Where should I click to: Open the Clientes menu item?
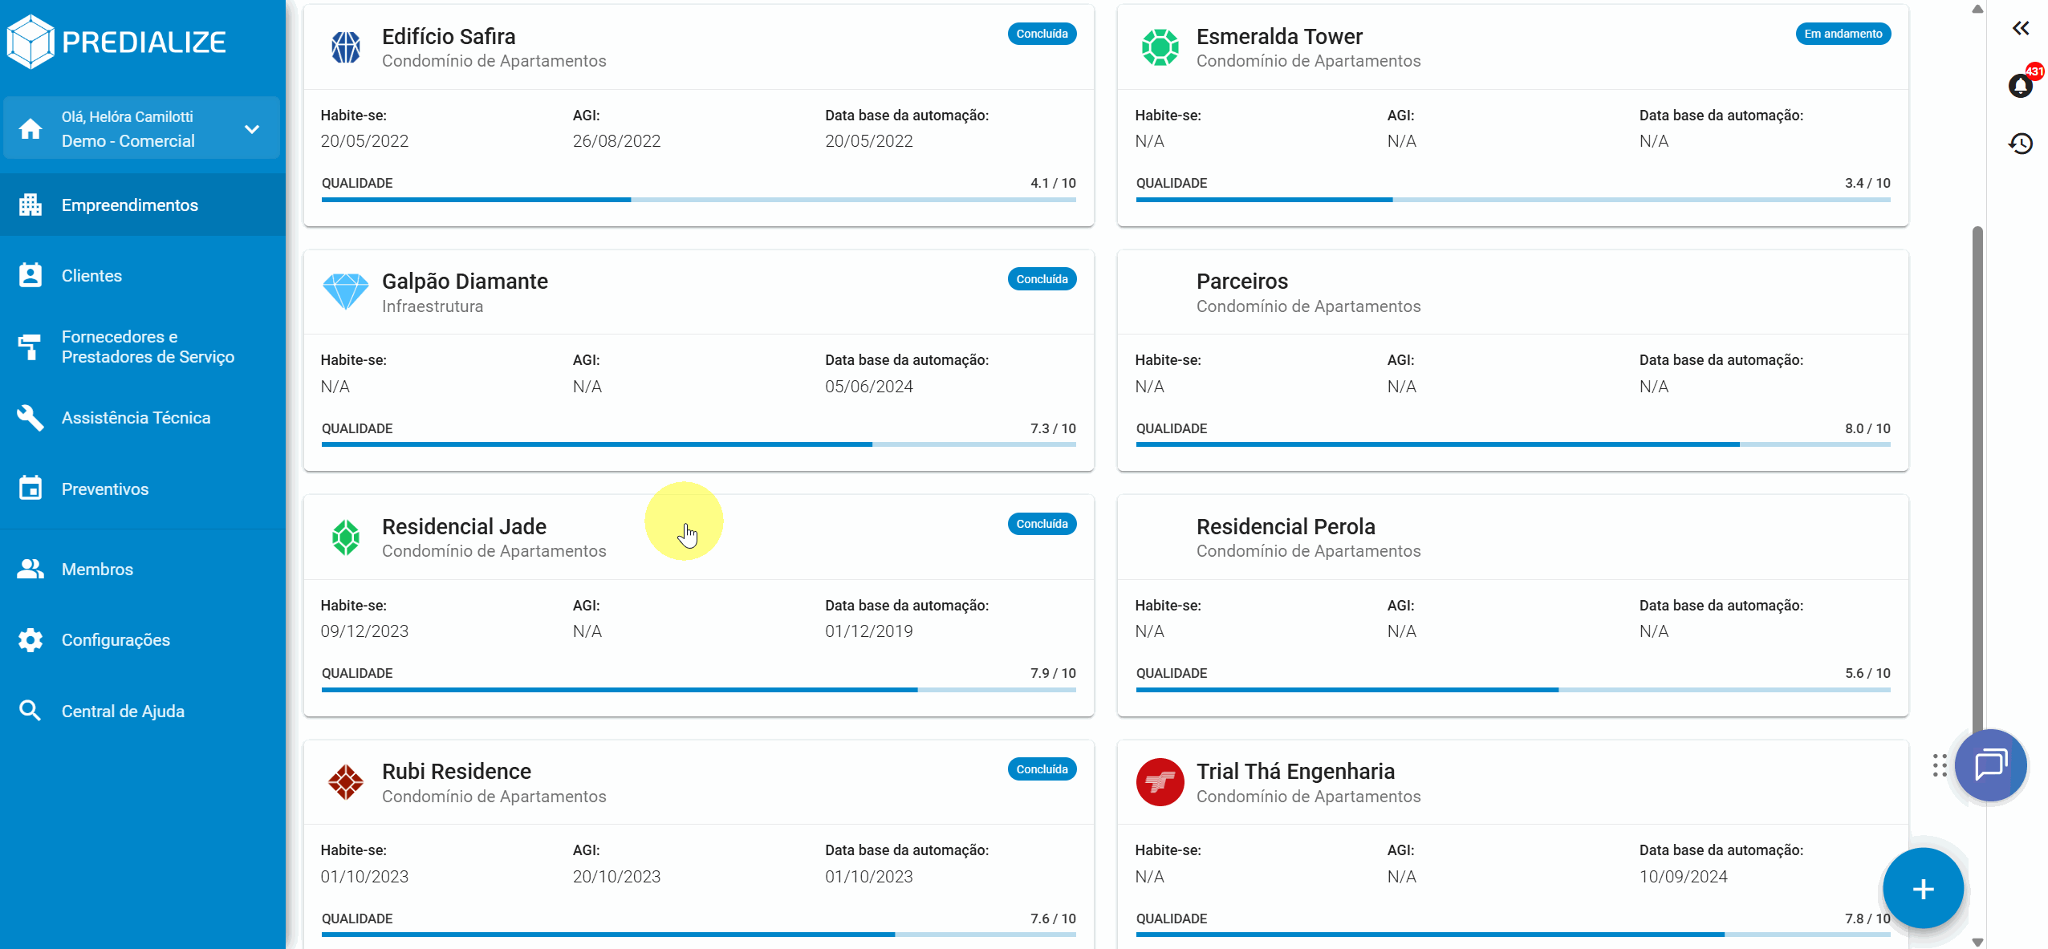click(91, 276)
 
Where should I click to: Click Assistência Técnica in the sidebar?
click(136, 418)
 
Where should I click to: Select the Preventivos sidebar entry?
click(104, 489)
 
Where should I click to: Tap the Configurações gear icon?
click(30, 640)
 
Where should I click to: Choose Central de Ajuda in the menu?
click(123, 712)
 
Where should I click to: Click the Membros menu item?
click(97, 570)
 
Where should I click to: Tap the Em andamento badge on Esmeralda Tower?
click(1843, 34)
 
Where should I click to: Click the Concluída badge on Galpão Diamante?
click(1041, 279)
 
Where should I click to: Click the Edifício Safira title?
click(448, 37)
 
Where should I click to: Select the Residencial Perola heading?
click(1285, 527)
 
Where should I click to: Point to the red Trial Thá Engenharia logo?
click(1160, 782)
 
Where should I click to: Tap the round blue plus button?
click(1922, 889)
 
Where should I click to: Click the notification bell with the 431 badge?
click(2020, 85)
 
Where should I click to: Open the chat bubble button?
click(1990, 764)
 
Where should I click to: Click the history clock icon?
click(2020, 144)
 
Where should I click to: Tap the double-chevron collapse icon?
click(2020, 29)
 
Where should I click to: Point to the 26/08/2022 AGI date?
click(616, 141)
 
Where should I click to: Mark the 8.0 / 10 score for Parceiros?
click(1867, 428)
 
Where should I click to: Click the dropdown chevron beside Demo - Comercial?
click(252, 129)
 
